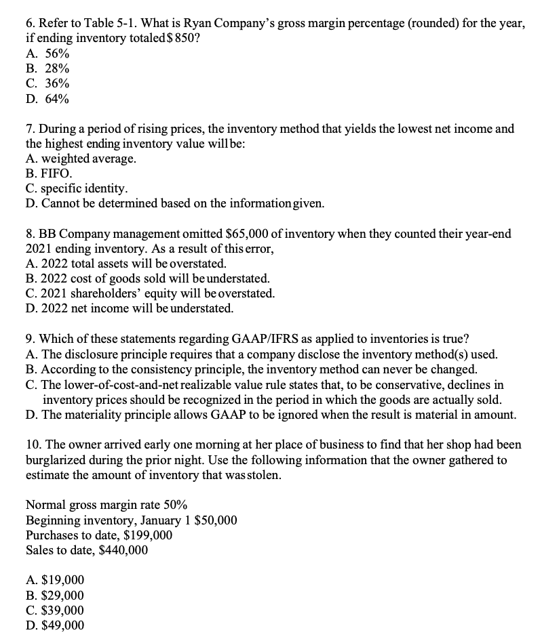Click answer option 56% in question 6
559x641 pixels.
tap(56, 53)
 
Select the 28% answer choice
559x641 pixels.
tap(56, 68)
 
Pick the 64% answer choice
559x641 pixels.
tap(56, 99)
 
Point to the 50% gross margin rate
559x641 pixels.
tap(174, 505)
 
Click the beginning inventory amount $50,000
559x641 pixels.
tap(215, 520)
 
